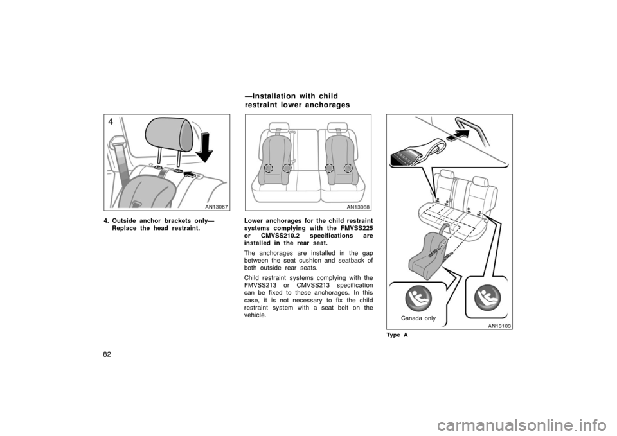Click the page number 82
click(108, 354)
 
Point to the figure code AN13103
click(499, 325)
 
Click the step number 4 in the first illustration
click(111, 122)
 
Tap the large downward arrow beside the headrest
click(204, 148)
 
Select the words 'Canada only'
click(418, 318)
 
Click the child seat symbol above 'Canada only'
click(418, 297)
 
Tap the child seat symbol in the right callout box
click(487, 297)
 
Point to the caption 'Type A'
click(398, 335)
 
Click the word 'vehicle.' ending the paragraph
click(255, 315)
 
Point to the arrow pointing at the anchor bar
click(458, 135)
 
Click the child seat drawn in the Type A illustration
click(429, 250)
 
